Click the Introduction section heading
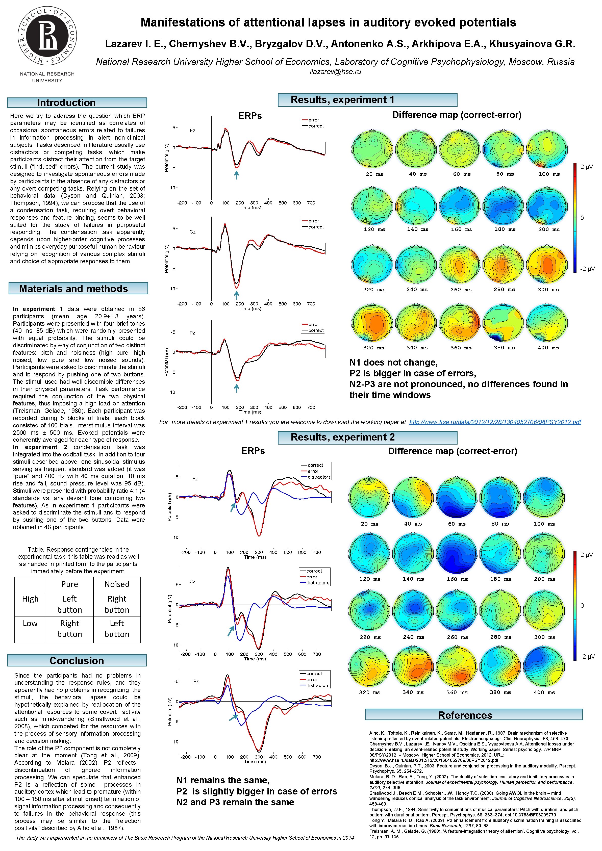pos(77,103)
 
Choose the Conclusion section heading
pos(77,660)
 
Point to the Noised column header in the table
pos(117,584)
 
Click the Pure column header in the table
pos(69,584)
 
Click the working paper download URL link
pos(495,422)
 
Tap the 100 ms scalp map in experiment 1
pos(547,149)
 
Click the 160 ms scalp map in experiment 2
pos(456,554)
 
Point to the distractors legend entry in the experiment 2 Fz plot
pos(318,477)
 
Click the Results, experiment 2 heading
pos(367,437)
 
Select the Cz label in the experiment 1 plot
pos(192,232)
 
